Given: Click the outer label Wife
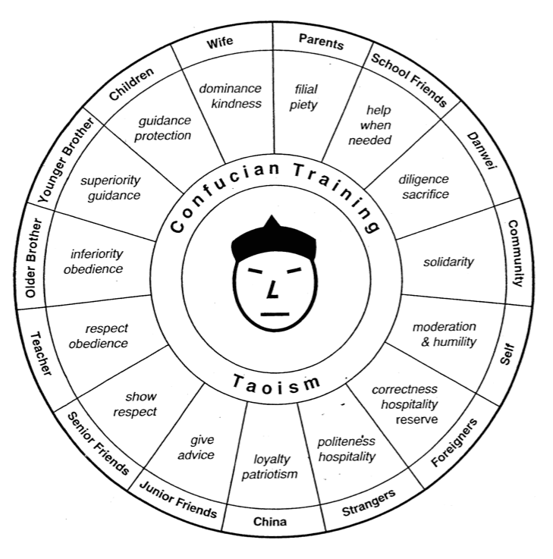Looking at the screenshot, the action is click(x=220, y=42).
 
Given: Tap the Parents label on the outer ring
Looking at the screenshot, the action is click(x=321, y=42).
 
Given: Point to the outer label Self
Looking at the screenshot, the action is click(x=507, y=353).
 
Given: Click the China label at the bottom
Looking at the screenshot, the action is click(x=270, y=522).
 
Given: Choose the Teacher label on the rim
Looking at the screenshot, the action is click(x=41, y=353).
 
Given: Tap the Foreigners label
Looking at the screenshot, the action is click(x=454, y=442).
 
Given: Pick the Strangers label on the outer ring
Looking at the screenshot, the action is click(x=369, y=502).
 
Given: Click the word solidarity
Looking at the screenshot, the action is click(x=448, y=262).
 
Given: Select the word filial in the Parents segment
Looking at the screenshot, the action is click(x=306, y=90).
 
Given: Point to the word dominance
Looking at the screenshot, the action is click(x=230, y=89).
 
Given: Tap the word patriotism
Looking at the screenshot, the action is click(x=269, y=475).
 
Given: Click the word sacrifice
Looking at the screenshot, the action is click(x=426, y=194).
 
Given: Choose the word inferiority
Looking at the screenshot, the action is click(x=96, y=254).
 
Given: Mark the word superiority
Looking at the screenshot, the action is click(x=111, y=181).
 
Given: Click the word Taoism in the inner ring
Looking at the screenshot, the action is click(x=276, y=385).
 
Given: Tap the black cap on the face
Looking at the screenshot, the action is click(x=274, y=238).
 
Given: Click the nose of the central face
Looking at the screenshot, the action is click(x=273, y=290).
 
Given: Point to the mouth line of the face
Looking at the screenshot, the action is click(x=275, y=315).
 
